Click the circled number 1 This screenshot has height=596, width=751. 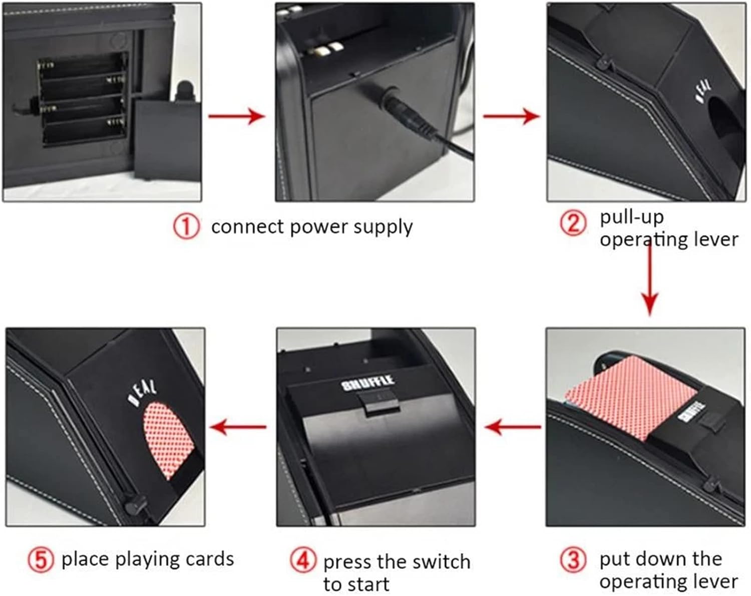pos(186,227)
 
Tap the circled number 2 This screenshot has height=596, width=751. pos(573,222)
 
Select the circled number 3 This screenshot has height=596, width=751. pos(573,560)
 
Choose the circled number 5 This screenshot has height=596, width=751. pos(41,560)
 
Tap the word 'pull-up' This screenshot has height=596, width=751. pos(632,217)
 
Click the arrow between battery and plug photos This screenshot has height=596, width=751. pos(236,117)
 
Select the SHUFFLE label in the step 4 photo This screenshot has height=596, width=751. pos(367,383)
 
